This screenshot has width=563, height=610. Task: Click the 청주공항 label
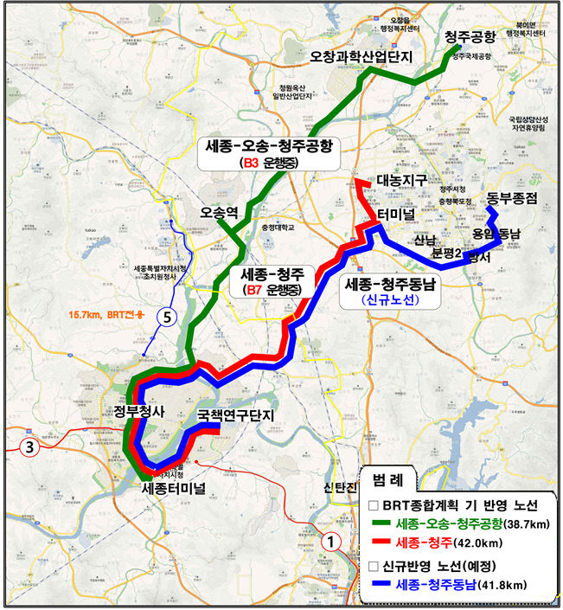point(470,36)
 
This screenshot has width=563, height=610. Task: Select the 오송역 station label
point(217,211)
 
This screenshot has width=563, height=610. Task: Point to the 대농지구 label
point(403,181)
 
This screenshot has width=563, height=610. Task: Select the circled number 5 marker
point(169,318)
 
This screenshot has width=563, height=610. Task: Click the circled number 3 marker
point(29,447)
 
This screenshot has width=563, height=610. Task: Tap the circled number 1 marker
point(329,542)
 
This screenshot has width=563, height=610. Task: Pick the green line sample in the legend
point(380,524)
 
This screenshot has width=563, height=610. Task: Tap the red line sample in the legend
point(380,543)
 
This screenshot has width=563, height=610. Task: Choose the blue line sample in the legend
point(380,586)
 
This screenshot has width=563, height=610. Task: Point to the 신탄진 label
point(341,490)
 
